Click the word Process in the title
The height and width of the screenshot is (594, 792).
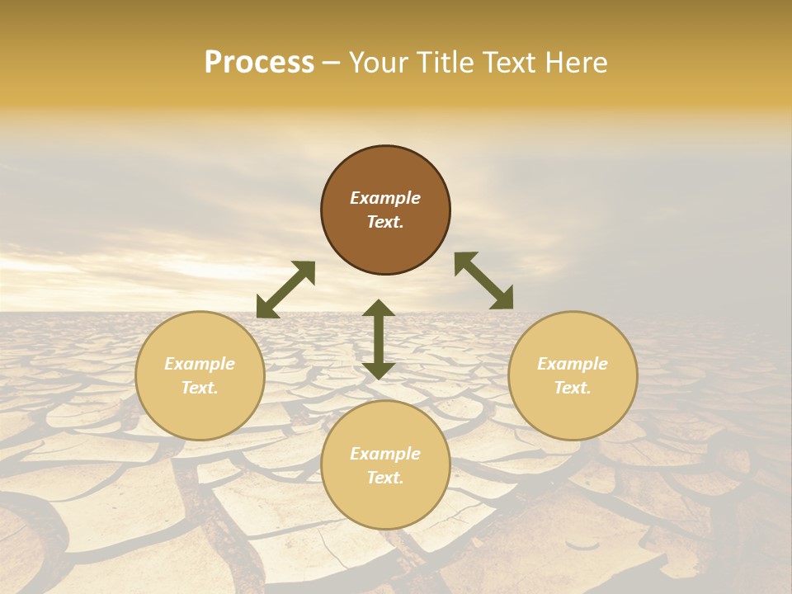tap(259, 63)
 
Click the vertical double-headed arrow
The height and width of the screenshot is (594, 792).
tap(379, 339)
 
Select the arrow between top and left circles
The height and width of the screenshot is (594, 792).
tap(285, 290)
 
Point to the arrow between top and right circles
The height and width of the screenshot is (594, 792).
tap(483, 280)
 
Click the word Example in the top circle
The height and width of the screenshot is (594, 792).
tap(385, 198)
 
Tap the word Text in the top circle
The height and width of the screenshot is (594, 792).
tap(385, 222)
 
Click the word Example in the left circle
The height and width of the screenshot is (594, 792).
tap(200, 364)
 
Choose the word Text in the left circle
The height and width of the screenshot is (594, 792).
tap(200, 388)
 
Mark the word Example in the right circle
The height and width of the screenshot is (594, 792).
tap(573, 364)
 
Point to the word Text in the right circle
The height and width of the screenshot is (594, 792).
tap(573, 388)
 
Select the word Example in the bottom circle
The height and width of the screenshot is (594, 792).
tap(385, 454)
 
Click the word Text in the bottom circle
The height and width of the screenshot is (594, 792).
tap(385, 478)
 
